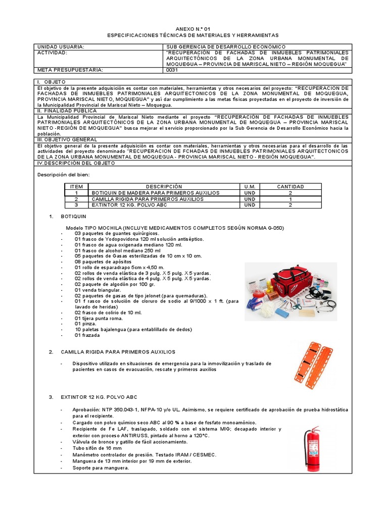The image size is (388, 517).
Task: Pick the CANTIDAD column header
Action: (x=290, y=187)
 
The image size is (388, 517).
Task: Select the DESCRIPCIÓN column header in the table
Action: (x=164, y=187)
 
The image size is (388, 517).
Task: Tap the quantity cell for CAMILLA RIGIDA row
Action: (x=290, y=199)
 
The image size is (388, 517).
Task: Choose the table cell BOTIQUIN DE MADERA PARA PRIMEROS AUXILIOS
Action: (x=155, y=193)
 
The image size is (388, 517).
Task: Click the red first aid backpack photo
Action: (x=290, y=292)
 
